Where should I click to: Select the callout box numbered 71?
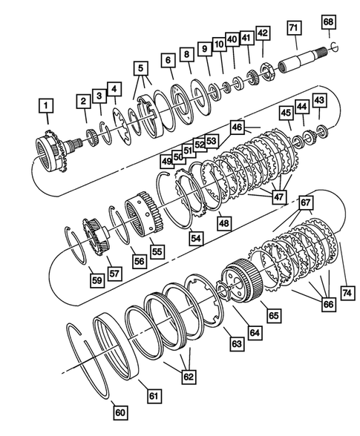294,29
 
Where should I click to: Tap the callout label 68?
328,22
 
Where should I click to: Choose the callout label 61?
154,396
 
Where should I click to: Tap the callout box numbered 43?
319,100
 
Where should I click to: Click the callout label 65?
273,315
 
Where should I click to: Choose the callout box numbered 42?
262,33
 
